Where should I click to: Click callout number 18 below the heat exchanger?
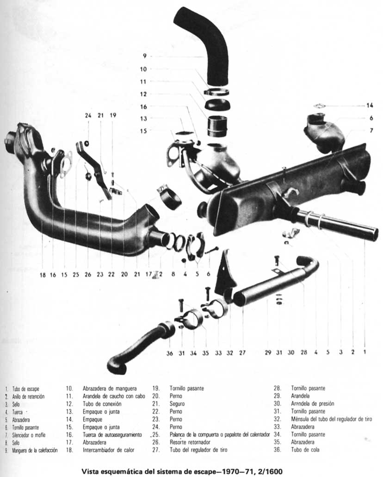43,275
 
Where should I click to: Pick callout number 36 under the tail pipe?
170,353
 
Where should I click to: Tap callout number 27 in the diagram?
242,353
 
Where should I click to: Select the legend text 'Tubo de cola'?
306,450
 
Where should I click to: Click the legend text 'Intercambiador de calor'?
109,450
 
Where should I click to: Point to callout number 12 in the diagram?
143,94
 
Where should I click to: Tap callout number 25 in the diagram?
76,275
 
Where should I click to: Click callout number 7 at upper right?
371,131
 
